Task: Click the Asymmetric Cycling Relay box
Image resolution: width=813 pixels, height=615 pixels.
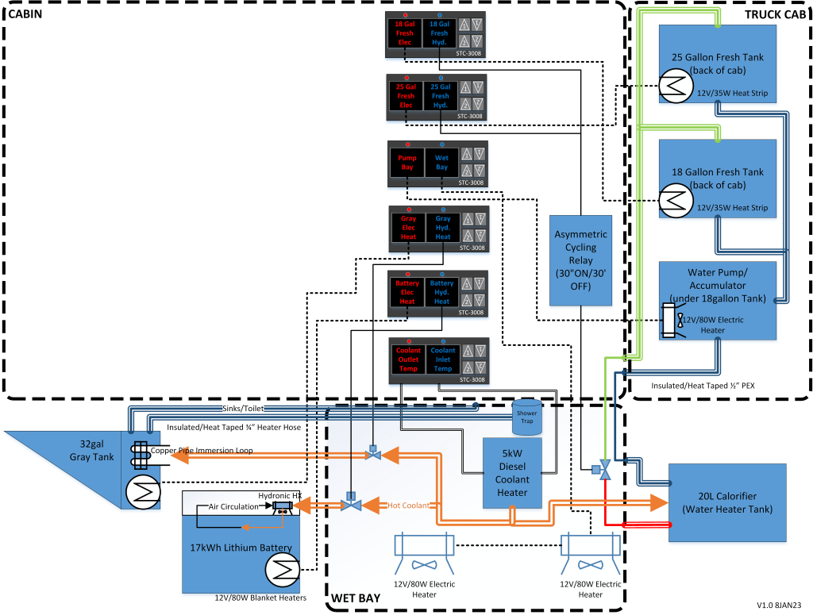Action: pyautogui.click(x=581, y=260)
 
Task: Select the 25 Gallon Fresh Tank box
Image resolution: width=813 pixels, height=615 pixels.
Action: pyautogui.click(x=717, y=64)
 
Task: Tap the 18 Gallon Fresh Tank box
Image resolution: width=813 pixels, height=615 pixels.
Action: pyautogui.click(x=717, y=179)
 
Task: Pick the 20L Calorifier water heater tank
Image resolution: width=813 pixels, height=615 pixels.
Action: pyautogui.click(x=727, y=502)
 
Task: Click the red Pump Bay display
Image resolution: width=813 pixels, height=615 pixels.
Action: pyautogui.click(x=406, y=163)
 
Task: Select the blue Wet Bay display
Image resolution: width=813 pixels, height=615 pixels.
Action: pyautogui.click(x=441, y=163)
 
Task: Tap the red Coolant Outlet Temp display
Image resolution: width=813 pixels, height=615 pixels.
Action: pyautogui.click(x=408, y=359)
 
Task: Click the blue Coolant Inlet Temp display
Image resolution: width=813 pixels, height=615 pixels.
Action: pyautogui.click(x=443, y=359)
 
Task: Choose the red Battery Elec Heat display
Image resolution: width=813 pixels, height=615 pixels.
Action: pyautogui.click(x=407, y=292)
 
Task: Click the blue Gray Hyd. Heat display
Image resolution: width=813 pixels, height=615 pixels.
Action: pyautogui.click(x=443, y=228)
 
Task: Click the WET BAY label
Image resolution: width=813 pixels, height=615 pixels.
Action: pyautogui.click(x=353, y=598)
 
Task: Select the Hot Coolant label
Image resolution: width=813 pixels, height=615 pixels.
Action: pyautogui.click(x=409, y=505)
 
